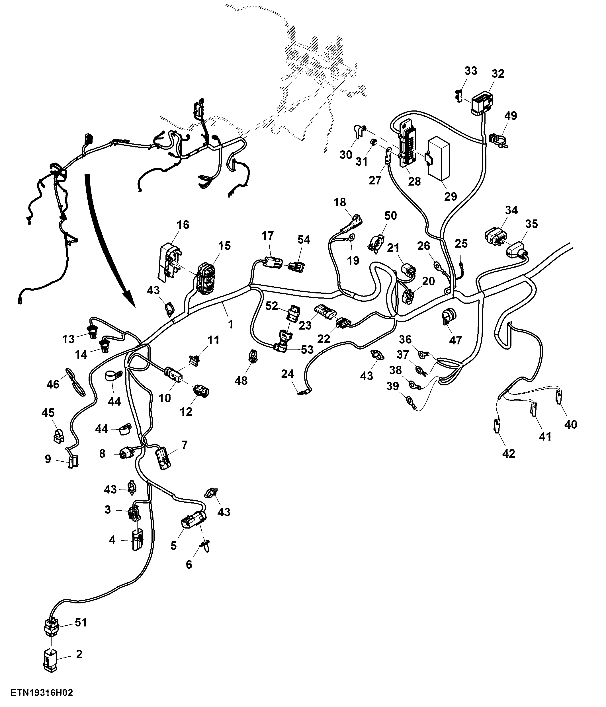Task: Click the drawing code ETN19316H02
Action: point(42,693)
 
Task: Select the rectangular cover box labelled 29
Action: point(439,158)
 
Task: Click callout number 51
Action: point(81,622)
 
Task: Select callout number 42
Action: point(509,453)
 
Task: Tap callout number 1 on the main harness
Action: point(231,324)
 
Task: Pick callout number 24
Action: point(287,374)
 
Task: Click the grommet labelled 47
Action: point(448,316)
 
